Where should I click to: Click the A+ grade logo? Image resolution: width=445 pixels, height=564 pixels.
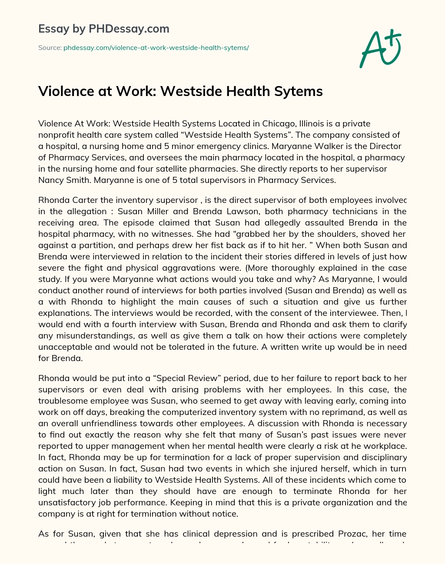(x=380, y=48)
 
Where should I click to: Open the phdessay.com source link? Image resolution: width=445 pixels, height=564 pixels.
(x=156, y=48)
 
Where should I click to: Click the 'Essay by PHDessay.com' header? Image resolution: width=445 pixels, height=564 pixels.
(x=104, y=29)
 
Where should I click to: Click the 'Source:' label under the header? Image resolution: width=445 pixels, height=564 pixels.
(x=50, y=48)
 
